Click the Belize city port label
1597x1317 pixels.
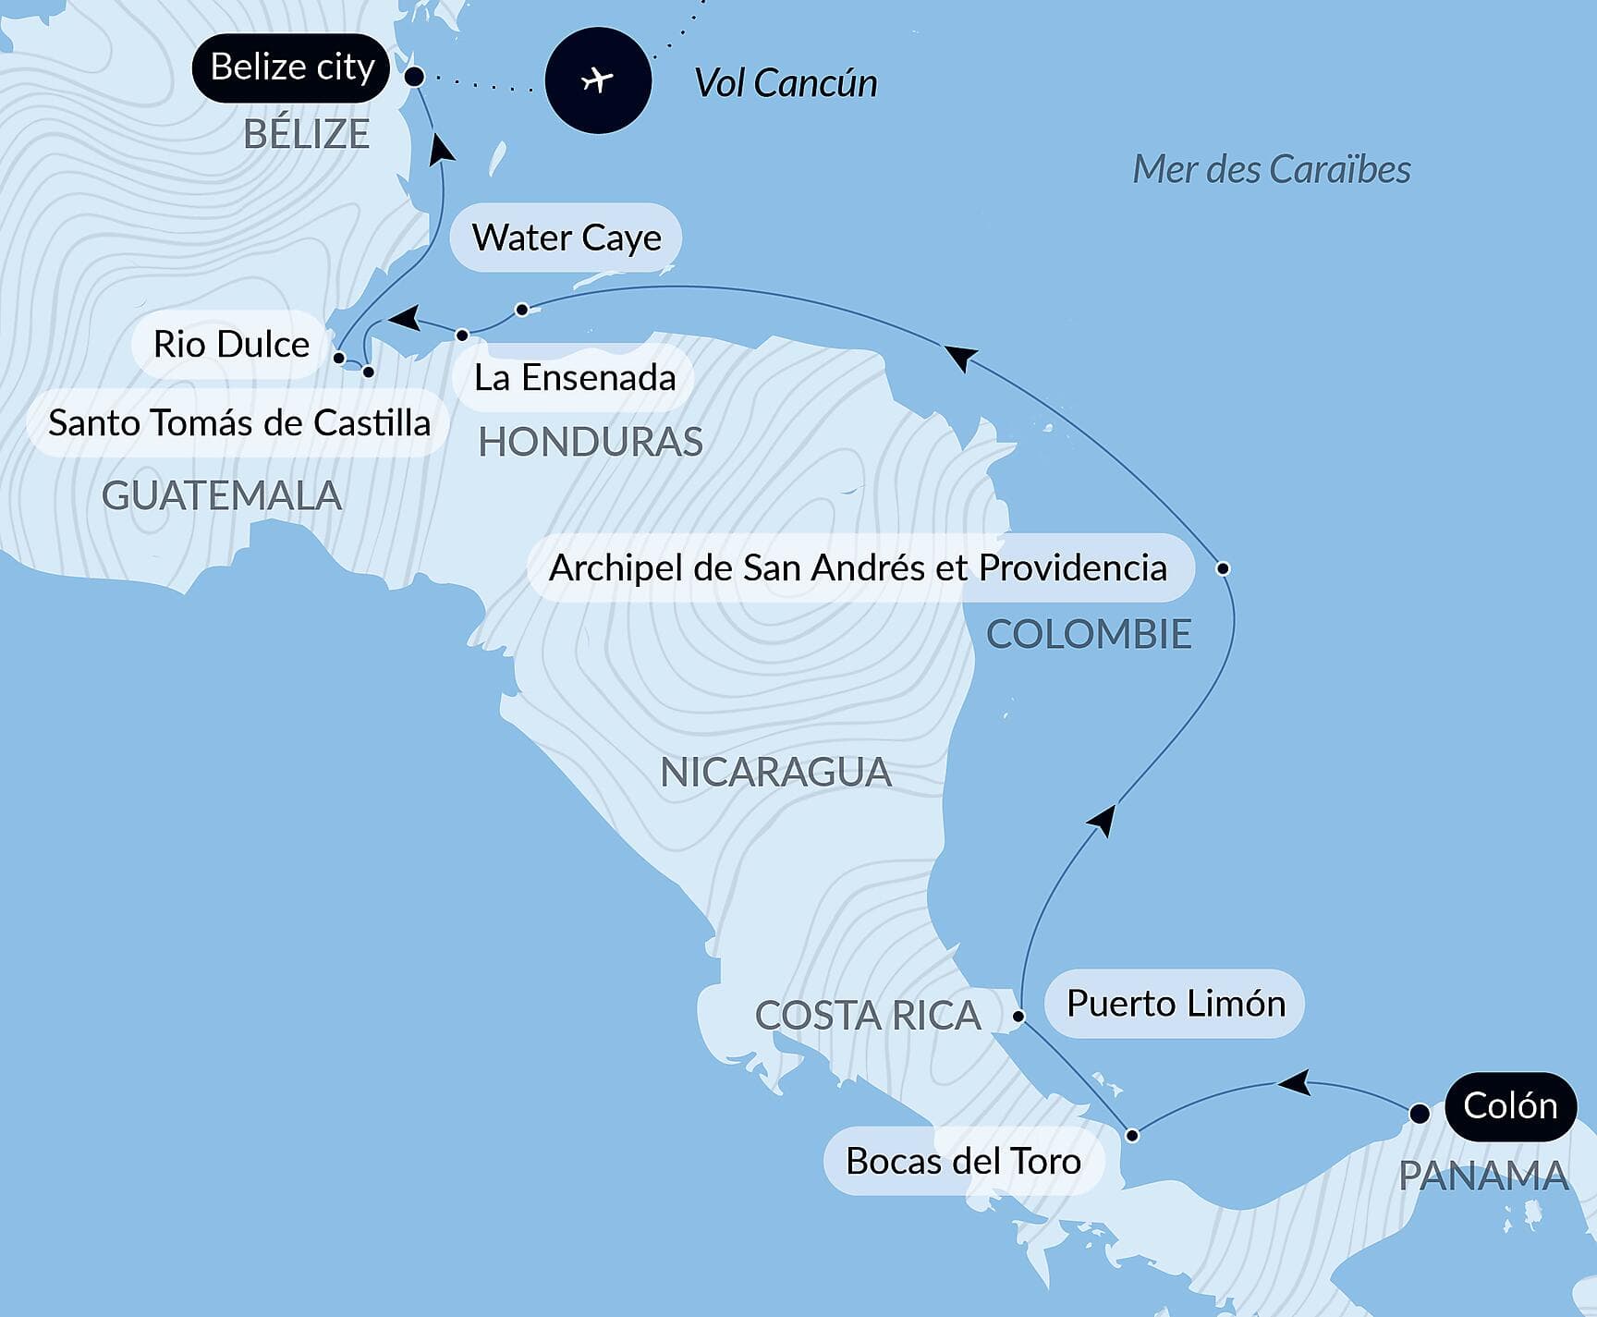click(x=291, y=67)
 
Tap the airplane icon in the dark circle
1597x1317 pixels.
click(x=598, y=80)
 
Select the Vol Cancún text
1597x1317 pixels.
click(x=786, y=83)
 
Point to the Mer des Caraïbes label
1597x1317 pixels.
click(x=1272, y=169)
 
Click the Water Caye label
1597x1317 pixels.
click(x=567, y=238)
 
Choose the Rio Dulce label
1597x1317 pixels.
click(x=231, y=344)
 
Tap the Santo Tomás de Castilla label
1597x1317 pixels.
click(x=239, y=423)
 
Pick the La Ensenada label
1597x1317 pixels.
click(x=574, y=377)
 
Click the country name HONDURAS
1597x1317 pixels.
click(x=591, y=443)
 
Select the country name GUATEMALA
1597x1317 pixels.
click(x=222, y=496)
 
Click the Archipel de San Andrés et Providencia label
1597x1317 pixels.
click(x=858, y=567)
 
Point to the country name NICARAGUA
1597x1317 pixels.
click(x=775, y=773)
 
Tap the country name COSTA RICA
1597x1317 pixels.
click(x=867, y=1016)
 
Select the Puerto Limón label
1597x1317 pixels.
click(x=1176, y=1004)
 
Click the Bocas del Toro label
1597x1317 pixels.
click(x=963, y=1161)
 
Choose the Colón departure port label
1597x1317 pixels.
click(x=1510, y=1105)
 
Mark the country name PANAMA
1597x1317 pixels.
click(x=1482, y=1177)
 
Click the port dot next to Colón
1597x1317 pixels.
click(x=1420, y=1114)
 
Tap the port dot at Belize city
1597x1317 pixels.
click(x=415, y=77)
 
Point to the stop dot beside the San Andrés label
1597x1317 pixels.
click(x=1223, y=567)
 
